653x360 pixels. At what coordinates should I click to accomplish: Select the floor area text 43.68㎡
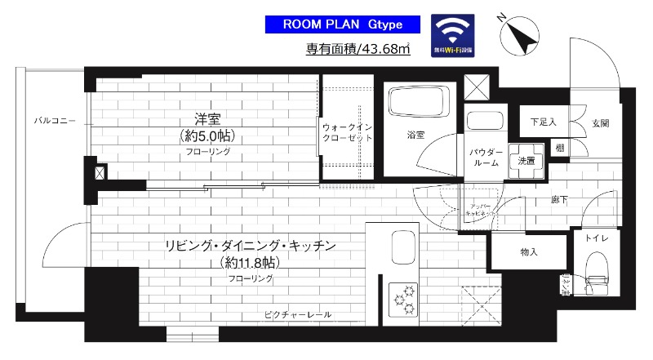[x=358, y=50]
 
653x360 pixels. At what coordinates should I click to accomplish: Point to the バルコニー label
[x=54, y=120]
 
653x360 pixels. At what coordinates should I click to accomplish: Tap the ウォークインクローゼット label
[x=347, y=133]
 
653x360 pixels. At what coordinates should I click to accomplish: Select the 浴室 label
[x=415, y=135]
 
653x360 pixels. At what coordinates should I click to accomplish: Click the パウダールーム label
[x=484, y=158]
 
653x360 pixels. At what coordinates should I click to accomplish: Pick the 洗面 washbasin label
[x=526, y=161]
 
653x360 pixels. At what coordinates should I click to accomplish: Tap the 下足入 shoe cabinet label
[x=542, y=122]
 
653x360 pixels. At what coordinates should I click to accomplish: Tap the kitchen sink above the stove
[x=404, y=247]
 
